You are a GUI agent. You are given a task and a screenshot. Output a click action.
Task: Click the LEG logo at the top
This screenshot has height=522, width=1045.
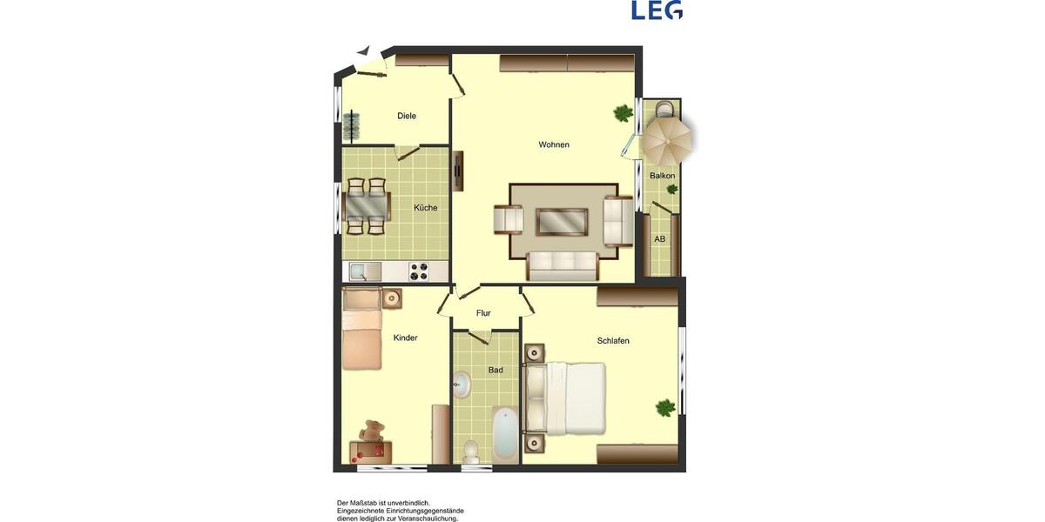click(657, 10)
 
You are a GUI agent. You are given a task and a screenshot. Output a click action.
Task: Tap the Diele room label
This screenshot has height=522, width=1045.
click(407, 116)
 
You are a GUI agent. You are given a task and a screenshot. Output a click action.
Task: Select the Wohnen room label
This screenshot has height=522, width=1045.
click(554, 144)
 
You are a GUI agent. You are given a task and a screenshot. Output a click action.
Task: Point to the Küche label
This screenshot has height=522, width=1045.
click(426, 208)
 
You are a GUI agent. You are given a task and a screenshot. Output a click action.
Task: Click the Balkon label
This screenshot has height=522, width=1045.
click(662, 176)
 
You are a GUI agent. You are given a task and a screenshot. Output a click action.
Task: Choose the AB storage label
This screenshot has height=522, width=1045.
click(660, 239)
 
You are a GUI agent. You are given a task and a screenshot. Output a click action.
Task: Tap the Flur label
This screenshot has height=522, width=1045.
click(483, 313)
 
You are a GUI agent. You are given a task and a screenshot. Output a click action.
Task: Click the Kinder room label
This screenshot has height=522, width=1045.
click(406, 338)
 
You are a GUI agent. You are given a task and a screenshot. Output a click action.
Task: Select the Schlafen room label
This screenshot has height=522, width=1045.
click(613, 341)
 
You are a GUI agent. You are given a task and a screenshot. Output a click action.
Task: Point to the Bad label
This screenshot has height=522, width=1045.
click(496, 370)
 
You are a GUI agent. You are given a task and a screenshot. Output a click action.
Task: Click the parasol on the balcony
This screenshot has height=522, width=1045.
click(667, 137)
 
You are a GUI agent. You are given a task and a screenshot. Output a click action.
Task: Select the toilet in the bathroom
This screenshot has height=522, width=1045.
click(470, 451)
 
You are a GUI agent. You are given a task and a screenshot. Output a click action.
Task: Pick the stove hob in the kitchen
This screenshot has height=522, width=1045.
click(419, 271)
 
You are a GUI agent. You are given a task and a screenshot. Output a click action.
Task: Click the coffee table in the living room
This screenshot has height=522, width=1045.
click(562, 222)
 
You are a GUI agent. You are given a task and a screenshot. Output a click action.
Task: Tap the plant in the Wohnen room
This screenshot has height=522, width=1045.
click(623, 113)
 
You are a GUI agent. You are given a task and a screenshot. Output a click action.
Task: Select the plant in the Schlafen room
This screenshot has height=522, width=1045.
click(665, 407)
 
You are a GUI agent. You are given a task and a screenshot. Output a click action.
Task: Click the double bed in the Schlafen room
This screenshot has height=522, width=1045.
click(571, 398)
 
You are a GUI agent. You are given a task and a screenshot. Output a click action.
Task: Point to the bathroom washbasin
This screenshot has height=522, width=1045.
click(462, 385)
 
